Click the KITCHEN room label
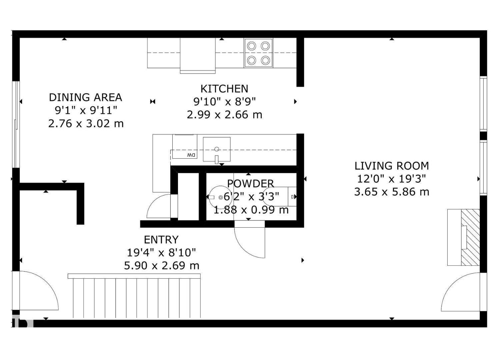click(224, 89)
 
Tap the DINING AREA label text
click(85, 97)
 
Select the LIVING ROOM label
click(391, 166)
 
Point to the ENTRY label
click(161, 240)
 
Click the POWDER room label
click(250, 183)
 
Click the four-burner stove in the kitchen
click(258, 53)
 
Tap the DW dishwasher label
click(191, 155)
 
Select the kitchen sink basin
click(217, 149)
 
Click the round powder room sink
click(220, 197)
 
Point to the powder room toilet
click(280, 197)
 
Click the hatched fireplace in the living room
click(470, 237)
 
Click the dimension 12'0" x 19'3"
click(391, 179)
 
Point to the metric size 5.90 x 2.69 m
click(161, 266)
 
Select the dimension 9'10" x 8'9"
click(224, 101)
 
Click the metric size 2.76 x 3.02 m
click(86, 124)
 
